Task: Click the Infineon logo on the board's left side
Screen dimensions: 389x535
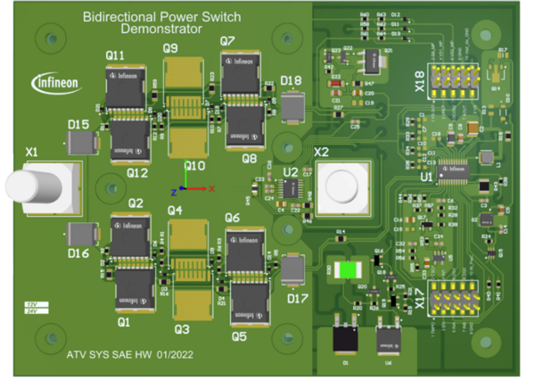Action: pyautogui.click(x=55, y=83)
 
